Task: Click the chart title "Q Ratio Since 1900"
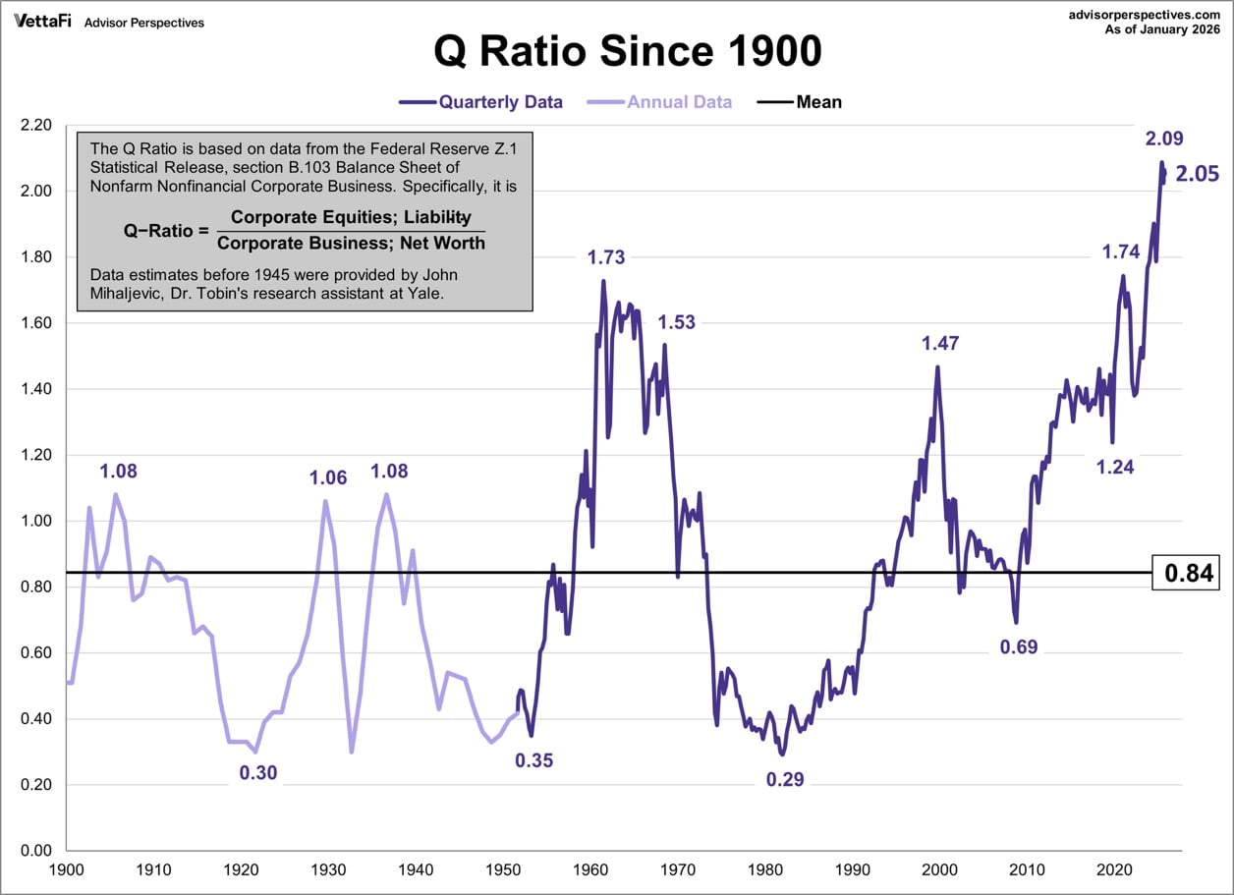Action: [628, 52]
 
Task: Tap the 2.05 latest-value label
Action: [1197, 175]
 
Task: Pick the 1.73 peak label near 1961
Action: [606, 257]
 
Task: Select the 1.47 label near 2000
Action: [939, 343]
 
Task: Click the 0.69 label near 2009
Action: [1019, 646]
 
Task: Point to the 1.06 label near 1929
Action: [328, 477]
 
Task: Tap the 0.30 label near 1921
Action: [258, 773]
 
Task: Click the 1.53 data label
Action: [676, 322]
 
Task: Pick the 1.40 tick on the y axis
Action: [34, 389]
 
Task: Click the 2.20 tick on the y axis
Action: [34, 126]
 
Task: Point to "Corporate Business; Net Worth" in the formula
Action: [351, 243]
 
